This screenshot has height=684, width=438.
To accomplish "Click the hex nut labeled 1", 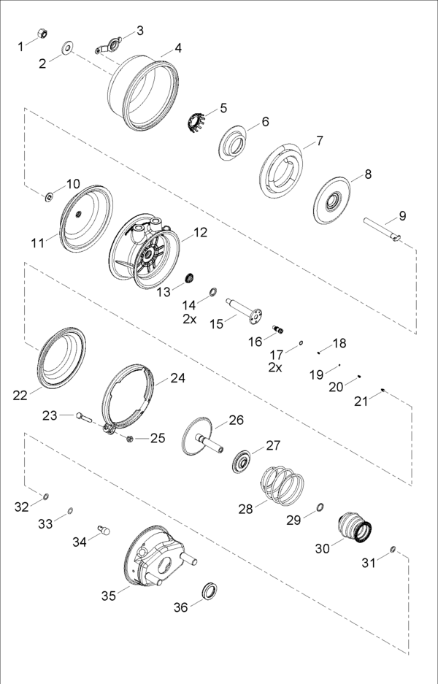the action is pyautogui.click(x=42, y=33).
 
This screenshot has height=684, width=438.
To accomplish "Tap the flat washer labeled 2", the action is pyautogui.click(x=68, y=47).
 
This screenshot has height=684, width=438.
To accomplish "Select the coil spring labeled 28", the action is pyautogui.click(x=283, y=485).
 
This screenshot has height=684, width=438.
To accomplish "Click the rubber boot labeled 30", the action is pyautogui.click(x=355, y=526).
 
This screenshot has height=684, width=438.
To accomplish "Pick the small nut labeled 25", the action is pyautogui.click(x=129, y=439).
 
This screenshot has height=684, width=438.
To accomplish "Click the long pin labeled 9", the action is pyautogui.click(x=383, y=229).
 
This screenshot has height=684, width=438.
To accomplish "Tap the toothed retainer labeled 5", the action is pyautogui.click(x=195, y=122).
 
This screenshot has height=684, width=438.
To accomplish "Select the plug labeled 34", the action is pyautogui.click(x=104, y=530).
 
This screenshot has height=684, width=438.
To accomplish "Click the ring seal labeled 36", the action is pyautogui.click(x=210, y=591).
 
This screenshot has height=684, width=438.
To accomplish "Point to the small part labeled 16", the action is pyautogui.click(x=278, y=329).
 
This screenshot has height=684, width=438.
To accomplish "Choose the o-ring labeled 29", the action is pyautogui.click(x=320, y=507).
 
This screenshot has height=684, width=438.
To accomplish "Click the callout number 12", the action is pyautogui.click(x=200, y=233).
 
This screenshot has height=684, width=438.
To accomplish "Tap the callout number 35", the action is pyautogui.click(x=109, y=596).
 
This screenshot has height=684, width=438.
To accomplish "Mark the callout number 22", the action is pyautogui.click(x=20, y=395).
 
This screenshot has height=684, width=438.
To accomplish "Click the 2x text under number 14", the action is pyautogui.click(x=189, y=319).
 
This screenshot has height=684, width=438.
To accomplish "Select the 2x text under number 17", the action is pyautogui.click(x=274, y=368).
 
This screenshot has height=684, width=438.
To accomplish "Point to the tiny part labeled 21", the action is pyautogui.click(x=383, y=390).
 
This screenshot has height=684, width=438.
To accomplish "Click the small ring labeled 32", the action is pyautogui.click(x=46, y=496).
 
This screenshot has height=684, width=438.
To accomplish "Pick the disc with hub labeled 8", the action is pyautogui.click(x=332, y=201).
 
